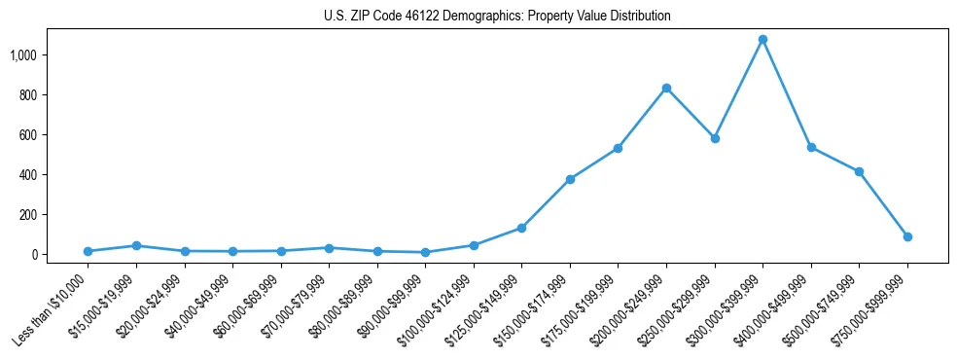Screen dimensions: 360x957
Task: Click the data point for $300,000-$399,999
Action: click(762, 40)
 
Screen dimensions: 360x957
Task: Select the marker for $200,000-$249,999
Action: click(666, 89)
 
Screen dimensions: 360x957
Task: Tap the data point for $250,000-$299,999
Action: click(715, 138)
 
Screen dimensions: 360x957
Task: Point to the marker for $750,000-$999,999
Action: click(907, 236)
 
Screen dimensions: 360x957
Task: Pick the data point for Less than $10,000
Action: click(89, 251)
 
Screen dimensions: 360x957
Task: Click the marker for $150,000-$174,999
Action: click(570, 179)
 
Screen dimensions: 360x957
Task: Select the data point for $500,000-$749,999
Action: click(859, 172)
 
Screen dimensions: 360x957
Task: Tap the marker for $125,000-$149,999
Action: click(522, 228)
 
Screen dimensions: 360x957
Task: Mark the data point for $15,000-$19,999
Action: click(136, 246)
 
